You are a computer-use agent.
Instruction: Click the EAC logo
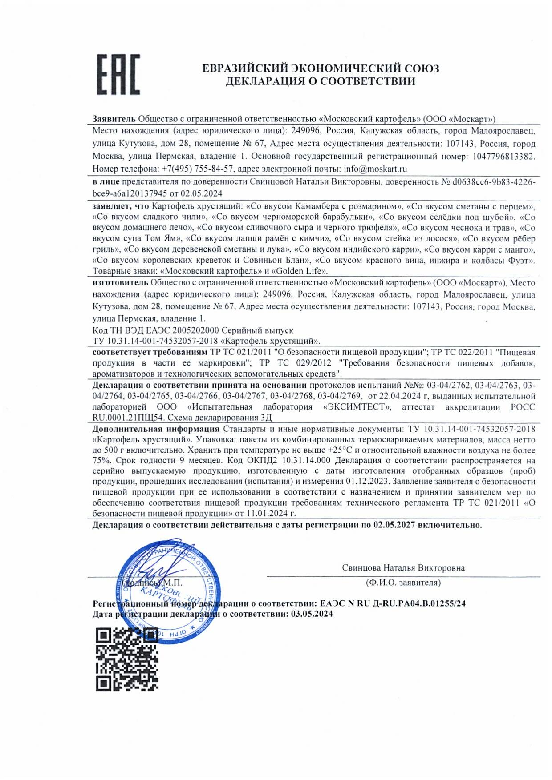click(118, 75)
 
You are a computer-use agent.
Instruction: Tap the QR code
click(127, 659)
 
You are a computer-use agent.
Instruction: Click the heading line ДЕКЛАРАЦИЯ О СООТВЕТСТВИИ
click(320, 81)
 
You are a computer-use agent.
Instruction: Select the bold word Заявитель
click(114, 119)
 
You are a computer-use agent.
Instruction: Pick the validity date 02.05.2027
click(394, 525)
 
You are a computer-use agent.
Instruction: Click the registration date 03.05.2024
click(312, 614)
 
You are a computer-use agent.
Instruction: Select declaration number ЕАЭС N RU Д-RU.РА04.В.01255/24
click(393, 603)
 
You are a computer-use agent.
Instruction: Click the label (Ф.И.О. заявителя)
click(403, 583)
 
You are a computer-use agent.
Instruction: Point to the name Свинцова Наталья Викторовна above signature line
click(403, 568)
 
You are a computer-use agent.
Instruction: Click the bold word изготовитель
click(120, 283)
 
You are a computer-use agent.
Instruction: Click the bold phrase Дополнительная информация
click(156, 429)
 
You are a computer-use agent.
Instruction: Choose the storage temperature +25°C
click(340, 450)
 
